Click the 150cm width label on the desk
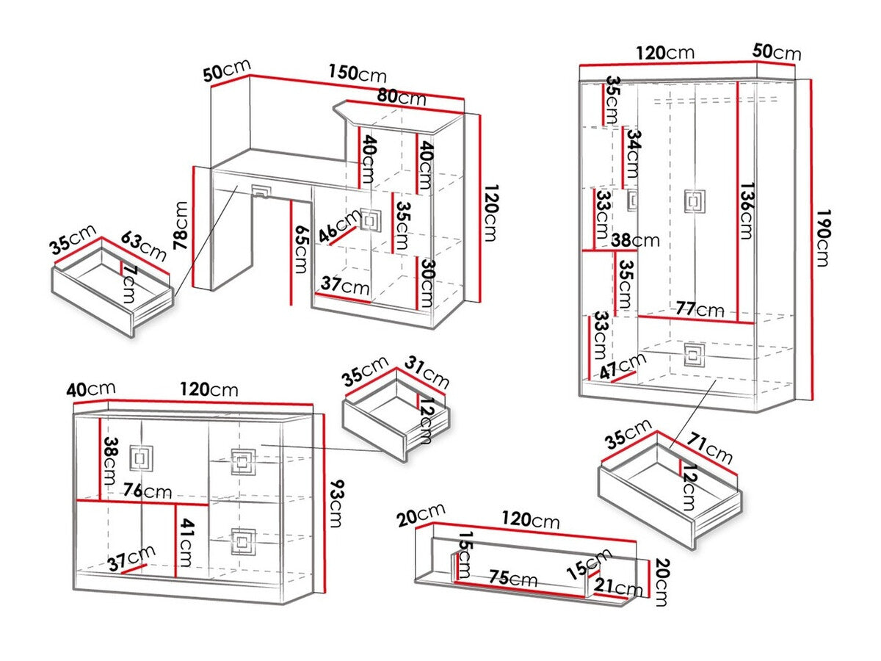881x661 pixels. [357, 75]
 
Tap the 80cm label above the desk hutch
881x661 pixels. [401, 96]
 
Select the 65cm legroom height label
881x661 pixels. [299, 250]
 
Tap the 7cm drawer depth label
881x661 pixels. [129, 282]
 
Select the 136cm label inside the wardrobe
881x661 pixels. [746, 211]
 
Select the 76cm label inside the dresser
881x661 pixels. [148, 490]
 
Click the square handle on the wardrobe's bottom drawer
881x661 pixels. [693, 355]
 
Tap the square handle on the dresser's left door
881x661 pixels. [139, 458]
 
